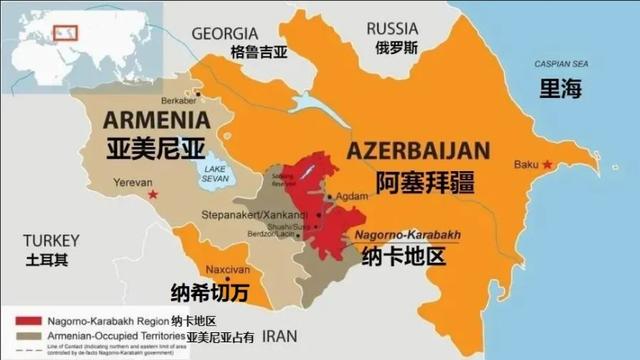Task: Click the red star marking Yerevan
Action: (152, 194)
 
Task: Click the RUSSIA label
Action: (392, 28)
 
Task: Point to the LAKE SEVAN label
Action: (215, 175)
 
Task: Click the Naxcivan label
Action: (220, 270)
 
